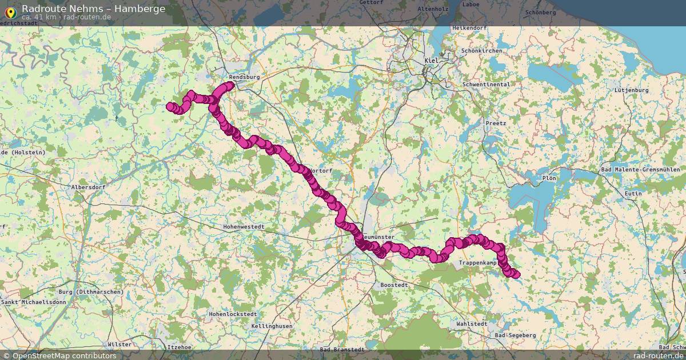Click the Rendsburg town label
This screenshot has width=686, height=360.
(244, 77)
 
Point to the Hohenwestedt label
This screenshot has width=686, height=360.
(244, 227)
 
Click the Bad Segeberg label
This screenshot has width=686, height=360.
(515, 335)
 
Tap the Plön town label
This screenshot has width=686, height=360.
(549, 178)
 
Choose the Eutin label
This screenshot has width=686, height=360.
(633, 194)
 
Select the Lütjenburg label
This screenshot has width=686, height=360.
(631, 90)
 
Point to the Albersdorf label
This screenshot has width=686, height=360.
(88, 187)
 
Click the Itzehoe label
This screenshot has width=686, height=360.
(179, 347)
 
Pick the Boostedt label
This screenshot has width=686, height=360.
(393, 285)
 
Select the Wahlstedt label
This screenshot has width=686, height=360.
(472, 323)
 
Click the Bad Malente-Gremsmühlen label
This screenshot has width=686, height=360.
(643, 170)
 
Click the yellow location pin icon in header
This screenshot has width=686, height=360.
(10, 11)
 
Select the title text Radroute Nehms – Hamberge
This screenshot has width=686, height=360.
(94, 9)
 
